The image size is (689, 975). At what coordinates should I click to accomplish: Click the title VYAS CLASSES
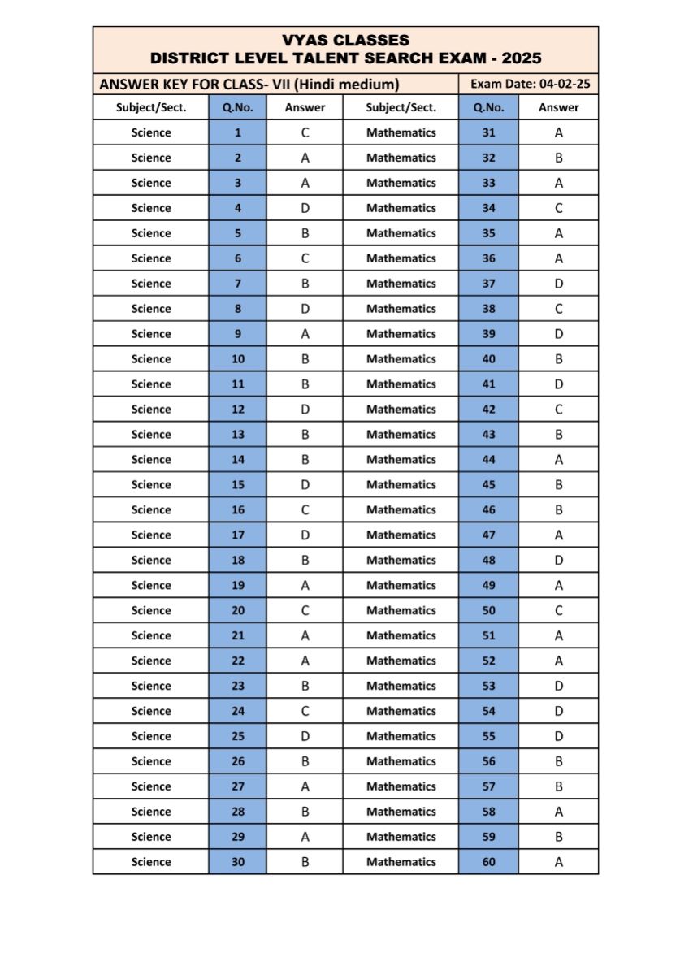coord(345,40)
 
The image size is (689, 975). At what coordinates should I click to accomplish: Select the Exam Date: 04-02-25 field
coord(530,84)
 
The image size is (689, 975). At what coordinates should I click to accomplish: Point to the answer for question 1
coord(305,132)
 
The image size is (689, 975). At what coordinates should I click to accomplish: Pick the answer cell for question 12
coord(305,409)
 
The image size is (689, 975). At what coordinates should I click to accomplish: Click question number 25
coord(237,736)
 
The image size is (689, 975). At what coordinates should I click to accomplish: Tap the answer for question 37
coord(559,284)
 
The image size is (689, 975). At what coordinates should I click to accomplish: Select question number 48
coord(488,560)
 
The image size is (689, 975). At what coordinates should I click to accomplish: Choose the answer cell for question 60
coord(559,862)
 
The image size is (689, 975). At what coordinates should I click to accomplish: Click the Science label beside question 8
coord(151,309)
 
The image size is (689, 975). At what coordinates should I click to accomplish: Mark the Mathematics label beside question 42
coord(401,409)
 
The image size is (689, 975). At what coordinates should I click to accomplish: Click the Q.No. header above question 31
coord(488,107)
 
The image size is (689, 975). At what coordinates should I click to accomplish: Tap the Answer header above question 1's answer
coord(305,107)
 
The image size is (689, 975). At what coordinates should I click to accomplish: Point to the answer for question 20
coord(305,610)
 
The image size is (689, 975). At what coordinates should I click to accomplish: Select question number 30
coord(237,862)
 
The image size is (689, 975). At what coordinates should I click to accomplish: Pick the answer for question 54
coord(559,711)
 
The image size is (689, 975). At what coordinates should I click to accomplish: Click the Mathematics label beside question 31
coord(401,132)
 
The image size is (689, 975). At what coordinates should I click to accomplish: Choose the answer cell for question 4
coord(305,208)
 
